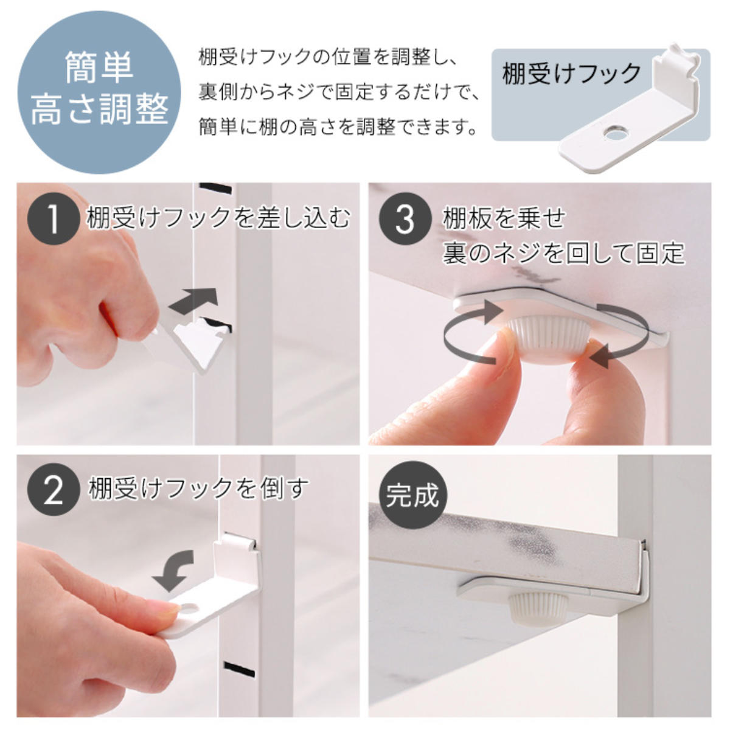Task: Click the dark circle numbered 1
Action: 54,220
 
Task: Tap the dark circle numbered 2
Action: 54,491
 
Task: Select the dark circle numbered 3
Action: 405,220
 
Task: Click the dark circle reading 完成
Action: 412,496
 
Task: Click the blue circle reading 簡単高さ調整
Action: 99,92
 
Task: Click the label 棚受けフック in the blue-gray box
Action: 571,74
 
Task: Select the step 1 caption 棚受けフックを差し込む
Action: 218,218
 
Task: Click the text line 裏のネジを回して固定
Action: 564,252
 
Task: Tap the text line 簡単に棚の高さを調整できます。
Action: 338,127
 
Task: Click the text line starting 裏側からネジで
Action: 339,92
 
